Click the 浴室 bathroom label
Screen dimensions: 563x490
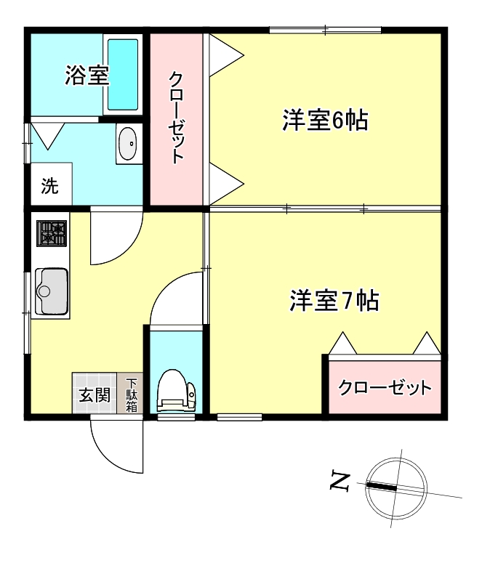tap(87, 76)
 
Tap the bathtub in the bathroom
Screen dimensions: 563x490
tap(123, 74)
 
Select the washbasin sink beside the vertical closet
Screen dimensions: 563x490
tap(126, 143)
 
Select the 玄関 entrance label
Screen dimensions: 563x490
tap(95, 396)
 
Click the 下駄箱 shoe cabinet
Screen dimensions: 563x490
tap(132, 394)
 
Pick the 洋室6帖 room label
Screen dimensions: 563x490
tap(325, 121)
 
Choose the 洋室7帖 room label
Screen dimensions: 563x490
tap(334, 300)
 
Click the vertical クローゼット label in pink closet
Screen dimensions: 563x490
tap(177, 117)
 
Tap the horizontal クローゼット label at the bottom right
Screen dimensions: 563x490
tap(385, 387)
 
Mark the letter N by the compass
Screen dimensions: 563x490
tap(340, 481)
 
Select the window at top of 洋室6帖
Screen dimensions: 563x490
tap(325, 30)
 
